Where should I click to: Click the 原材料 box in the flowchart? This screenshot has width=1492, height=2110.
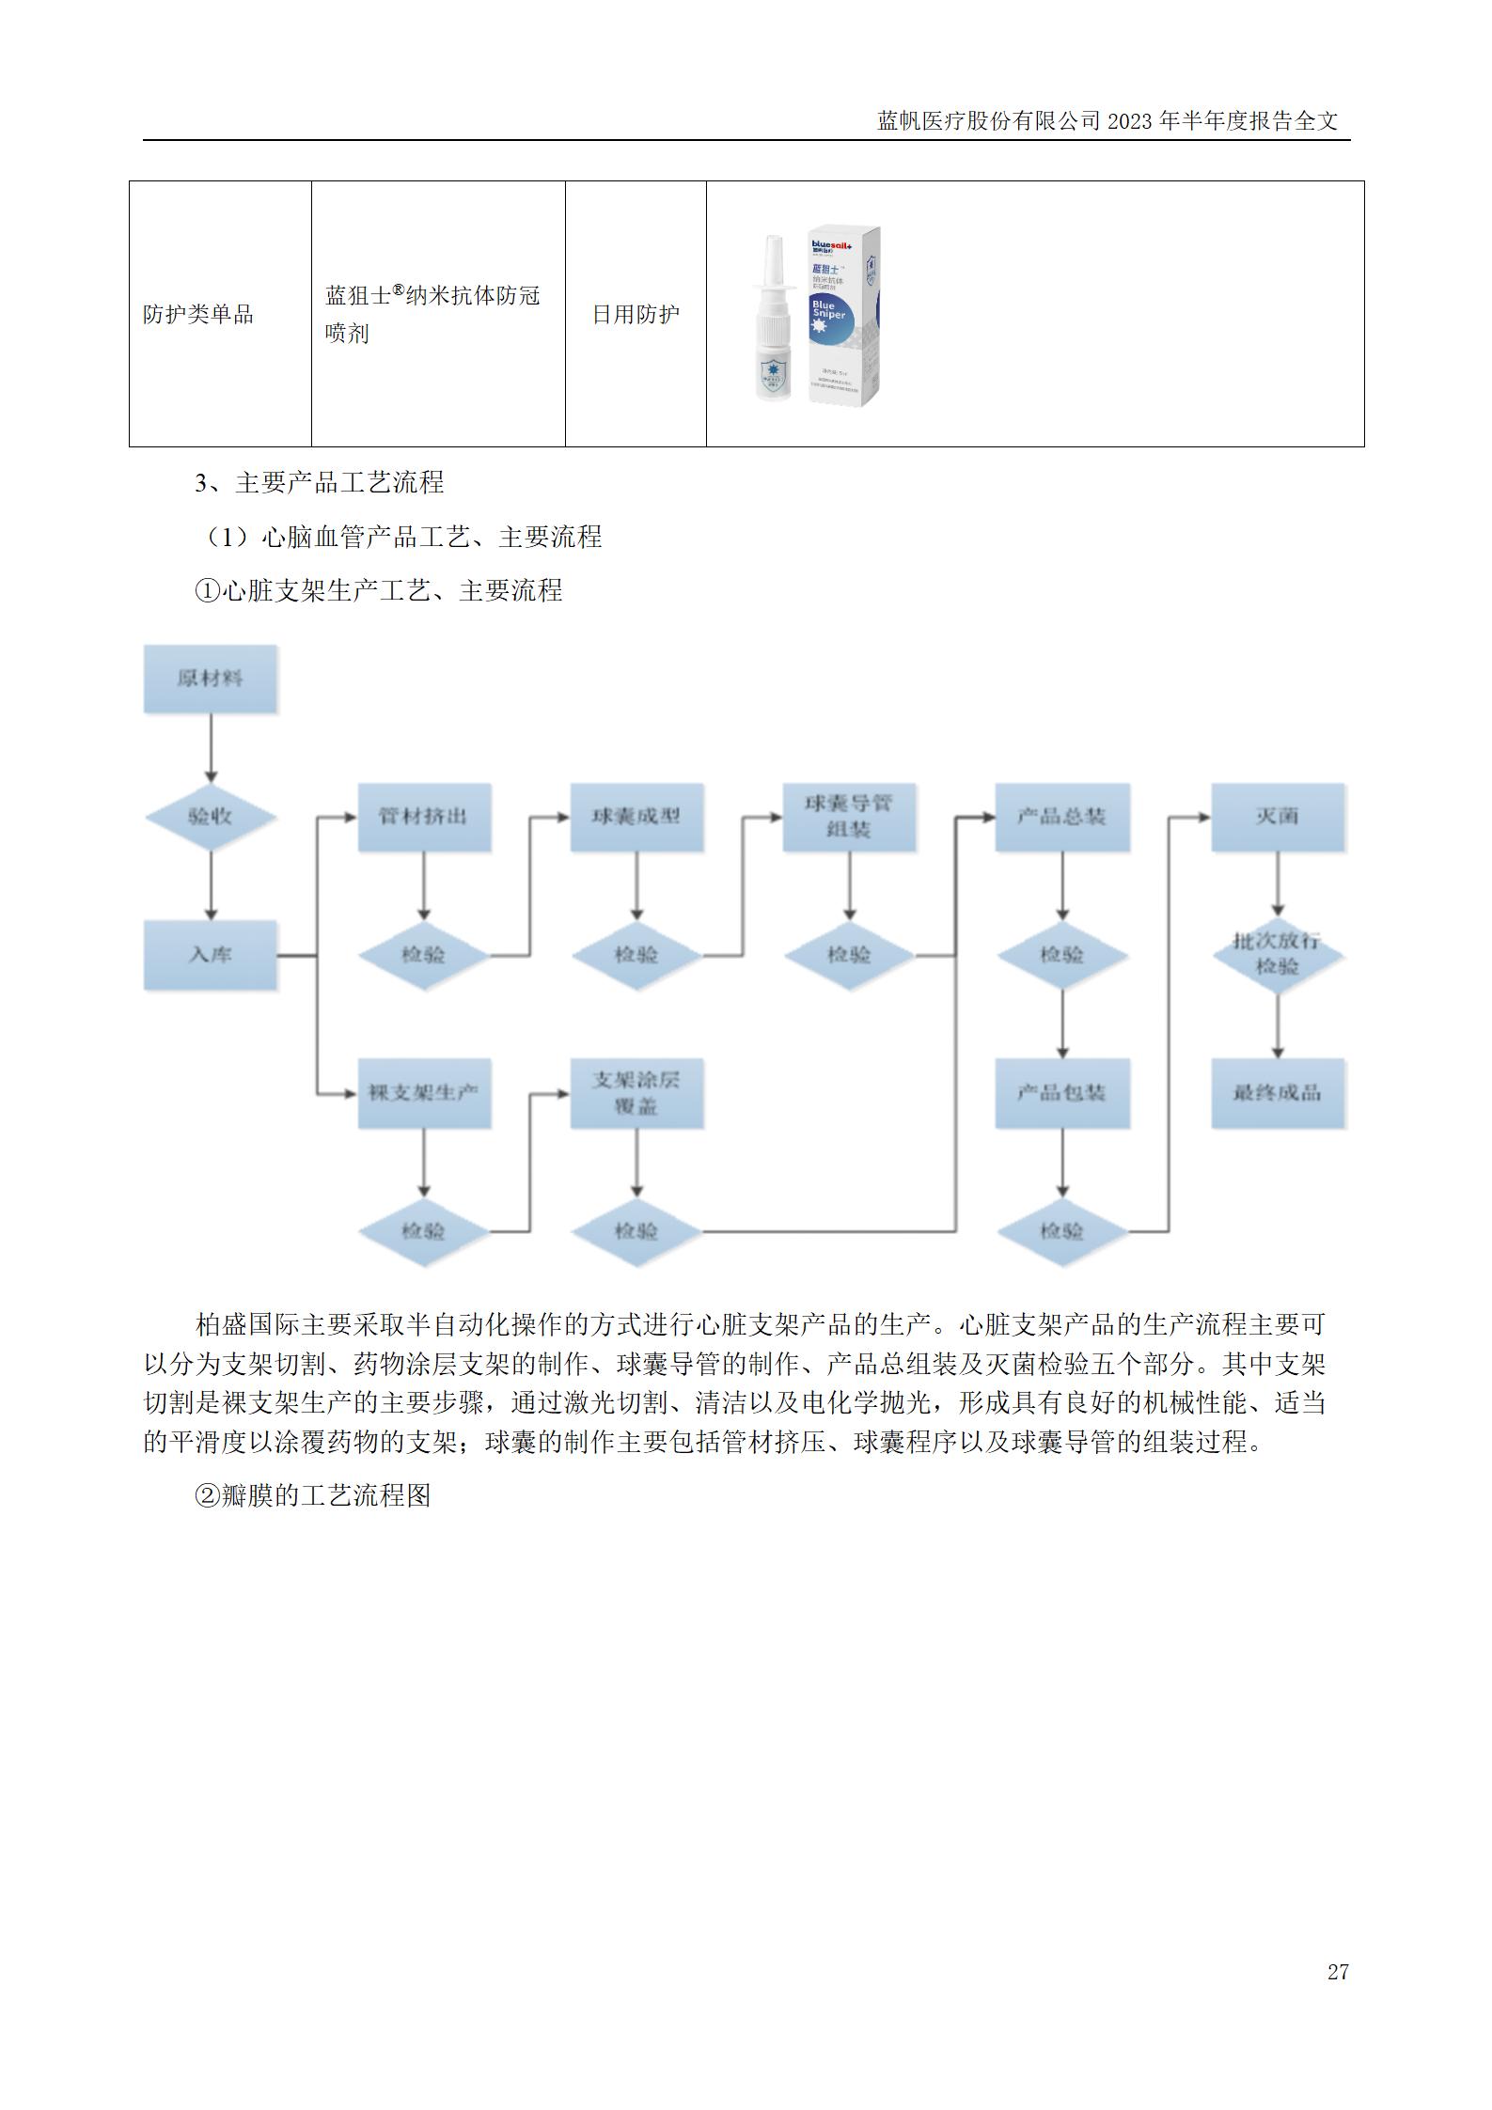[x=210, y=678]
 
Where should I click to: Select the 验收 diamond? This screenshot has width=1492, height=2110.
[x=210, y=816]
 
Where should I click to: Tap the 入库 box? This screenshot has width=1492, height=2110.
[x=210, y=955]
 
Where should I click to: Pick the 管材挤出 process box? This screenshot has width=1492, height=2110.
[x=423, y=816]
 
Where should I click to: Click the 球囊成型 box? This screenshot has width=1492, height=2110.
[x=636, y=816]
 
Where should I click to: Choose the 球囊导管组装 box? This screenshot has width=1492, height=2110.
[x=848, y=816]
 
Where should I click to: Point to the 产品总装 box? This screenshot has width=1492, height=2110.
[x=1061, y=816]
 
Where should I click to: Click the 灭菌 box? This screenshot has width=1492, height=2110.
[x=1277, y=816]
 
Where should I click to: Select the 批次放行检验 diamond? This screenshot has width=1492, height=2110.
[x=1277, y=954]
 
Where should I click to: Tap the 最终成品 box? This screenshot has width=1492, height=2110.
[x=1277, y=1092]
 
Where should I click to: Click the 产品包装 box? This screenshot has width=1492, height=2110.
[x=1061, y=1092]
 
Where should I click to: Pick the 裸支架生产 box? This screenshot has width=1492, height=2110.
[x=423, y=1092]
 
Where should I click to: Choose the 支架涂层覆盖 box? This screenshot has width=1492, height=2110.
[x=636, y=1092]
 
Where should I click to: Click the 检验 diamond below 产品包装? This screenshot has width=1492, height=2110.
[x=1061, y=1230]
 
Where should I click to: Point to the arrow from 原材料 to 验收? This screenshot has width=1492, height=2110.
[x=211, y=747]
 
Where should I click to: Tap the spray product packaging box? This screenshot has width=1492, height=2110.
[x=843, y=315]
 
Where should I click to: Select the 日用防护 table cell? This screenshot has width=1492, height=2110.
[x=636, y=315]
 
